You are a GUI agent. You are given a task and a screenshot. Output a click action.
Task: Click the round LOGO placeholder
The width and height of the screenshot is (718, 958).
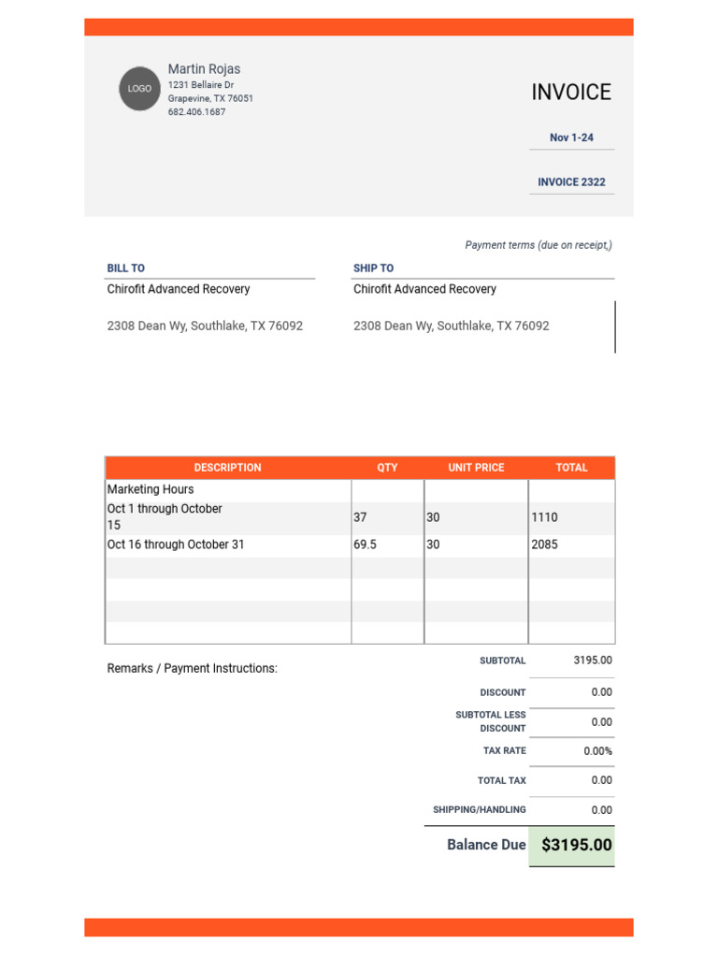tap(139, 89)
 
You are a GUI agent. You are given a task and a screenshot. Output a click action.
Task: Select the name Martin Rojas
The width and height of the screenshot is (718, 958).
tap(204, 69)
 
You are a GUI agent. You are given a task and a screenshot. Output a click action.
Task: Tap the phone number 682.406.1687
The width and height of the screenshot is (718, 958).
tap(196, 112)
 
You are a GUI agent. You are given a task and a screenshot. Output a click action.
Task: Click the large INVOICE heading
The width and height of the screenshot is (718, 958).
tap(571, 93)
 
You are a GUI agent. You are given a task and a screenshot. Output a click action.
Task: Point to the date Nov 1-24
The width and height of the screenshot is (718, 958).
tap(571, 138)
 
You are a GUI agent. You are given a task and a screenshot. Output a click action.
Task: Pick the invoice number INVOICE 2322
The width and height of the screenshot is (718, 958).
tap(571, 182)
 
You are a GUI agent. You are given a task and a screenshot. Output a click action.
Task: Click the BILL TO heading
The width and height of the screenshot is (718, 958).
tap(126, 269)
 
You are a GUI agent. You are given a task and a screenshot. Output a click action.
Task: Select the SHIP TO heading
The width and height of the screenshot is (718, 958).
tap(373, 269)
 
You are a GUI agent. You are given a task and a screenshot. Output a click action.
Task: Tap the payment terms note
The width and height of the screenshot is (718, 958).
tap(538, 245)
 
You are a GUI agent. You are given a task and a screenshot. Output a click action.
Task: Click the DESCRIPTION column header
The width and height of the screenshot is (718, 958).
tap(227, 468)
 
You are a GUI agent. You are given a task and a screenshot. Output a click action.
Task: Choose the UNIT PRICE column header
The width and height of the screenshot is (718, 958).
tap(476, 468)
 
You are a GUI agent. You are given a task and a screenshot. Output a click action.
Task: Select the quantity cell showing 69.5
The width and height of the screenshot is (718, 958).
tap(366, 544)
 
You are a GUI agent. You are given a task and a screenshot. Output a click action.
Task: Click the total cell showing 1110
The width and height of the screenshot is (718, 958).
tap(544, 517)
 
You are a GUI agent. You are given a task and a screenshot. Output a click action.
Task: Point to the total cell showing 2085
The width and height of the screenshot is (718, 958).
tap(544, 544)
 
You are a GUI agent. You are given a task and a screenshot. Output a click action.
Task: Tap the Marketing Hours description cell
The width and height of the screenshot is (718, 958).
tap(151, 489)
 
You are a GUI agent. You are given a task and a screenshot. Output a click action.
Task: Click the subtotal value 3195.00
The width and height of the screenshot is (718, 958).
tap(593, 660)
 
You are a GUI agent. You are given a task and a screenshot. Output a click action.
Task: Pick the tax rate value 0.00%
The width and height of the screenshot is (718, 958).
tap(597, 751)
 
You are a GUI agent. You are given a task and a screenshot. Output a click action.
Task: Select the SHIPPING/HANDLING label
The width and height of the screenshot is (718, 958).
tap(479, 810)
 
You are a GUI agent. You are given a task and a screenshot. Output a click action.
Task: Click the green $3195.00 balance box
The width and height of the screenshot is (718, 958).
tap(572, 846)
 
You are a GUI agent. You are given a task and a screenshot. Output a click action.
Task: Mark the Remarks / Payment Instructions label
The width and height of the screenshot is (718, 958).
tap(193, 669)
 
